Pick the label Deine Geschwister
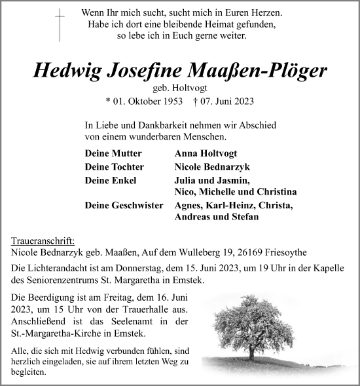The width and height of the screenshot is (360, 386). (124, 205)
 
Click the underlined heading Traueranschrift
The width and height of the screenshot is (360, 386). (43, 241)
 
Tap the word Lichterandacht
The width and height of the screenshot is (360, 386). (57, 269)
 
